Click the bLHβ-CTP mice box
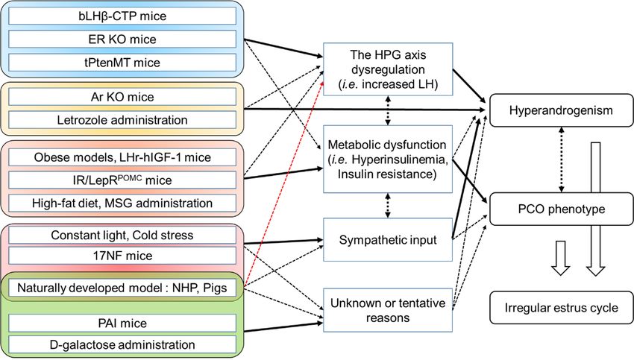coord(122,16)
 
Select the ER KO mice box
coord(122,40)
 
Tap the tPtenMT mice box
coord(122,63)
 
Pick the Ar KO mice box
coord(122,97)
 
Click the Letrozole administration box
coord(122,120)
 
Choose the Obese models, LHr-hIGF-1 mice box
coord(122,157)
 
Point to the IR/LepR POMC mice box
coord(122,180)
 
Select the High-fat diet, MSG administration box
coord(122,203)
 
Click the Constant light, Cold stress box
coord(122,235)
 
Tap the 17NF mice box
coord(122,256)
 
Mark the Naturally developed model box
coord(122,288)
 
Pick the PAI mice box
coord(122,323)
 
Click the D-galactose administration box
coord(122,344)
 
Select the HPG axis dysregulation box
coord(388,69)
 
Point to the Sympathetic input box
coord(388,240)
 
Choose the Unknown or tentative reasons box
coord(388,310)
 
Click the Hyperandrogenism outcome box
coord(561,110)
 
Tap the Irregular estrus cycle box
coord(561,308)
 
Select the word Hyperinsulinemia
coord(400,160)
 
